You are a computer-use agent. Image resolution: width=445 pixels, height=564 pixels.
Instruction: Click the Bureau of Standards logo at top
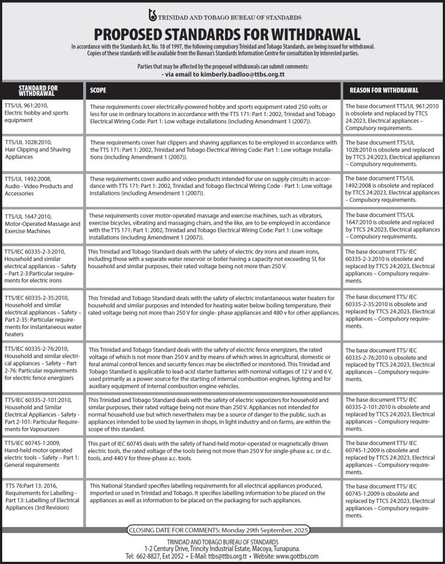tap(153, 16)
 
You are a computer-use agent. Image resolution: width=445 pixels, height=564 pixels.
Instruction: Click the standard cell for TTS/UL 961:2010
tap(41, 112)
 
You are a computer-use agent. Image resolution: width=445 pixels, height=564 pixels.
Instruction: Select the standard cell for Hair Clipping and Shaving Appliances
tap(41, 149)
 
